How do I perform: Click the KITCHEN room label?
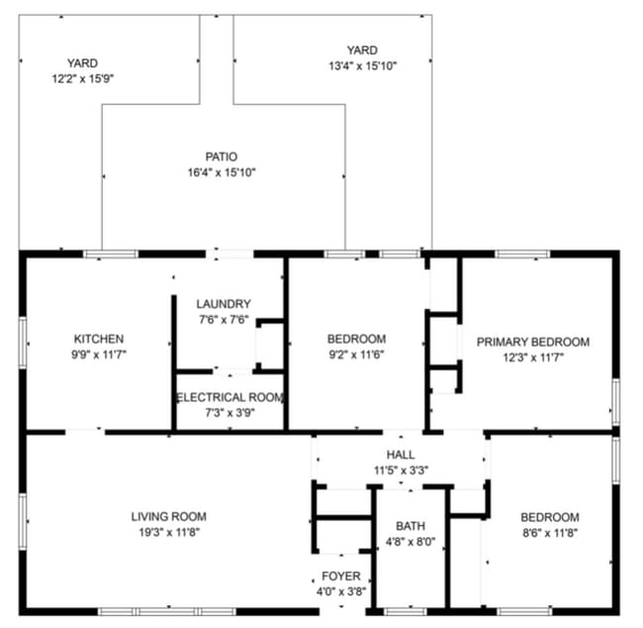click(x=99, y=339)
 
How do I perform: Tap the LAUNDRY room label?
click(x=223, y=304)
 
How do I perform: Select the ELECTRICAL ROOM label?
click(x=230, y=397)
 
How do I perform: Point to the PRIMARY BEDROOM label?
click(x=532, y=342)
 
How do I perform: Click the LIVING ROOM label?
click(x=169, y=516)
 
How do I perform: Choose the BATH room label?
click(x=410, y=526)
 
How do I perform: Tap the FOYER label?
click(x=341, y=576)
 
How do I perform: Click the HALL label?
click(x=401, y=455)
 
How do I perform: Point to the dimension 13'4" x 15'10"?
click(x=361, y=66)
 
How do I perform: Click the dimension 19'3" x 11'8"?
click(x=169, y=532)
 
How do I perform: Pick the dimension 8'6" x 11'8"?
click(x=550, y=533)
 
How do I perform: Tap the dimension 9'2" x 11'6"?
click(x=356, y=354)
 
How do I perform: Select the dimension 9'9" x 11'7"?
click(x=99, y=354)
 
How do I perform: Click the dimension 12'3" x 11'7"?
click(x=532, y=358)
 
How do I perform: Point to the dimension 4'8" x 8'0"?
click(x=410, y=542)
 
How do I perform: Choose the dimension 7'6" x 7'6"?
click(x=223, y=319)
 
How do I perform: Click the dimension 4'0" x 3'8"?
click(x=341, y=591)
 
